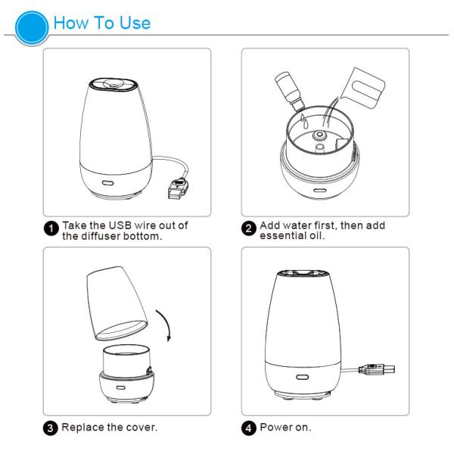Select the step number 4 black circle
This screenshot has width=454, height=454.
[249, 428]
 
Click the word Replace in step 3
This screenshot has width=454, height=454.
[82, 428]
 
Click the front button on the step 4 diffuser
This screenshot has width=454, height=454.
[303, 377]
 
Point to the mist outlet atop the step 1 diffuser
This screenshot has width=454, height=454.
[111, 83]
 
